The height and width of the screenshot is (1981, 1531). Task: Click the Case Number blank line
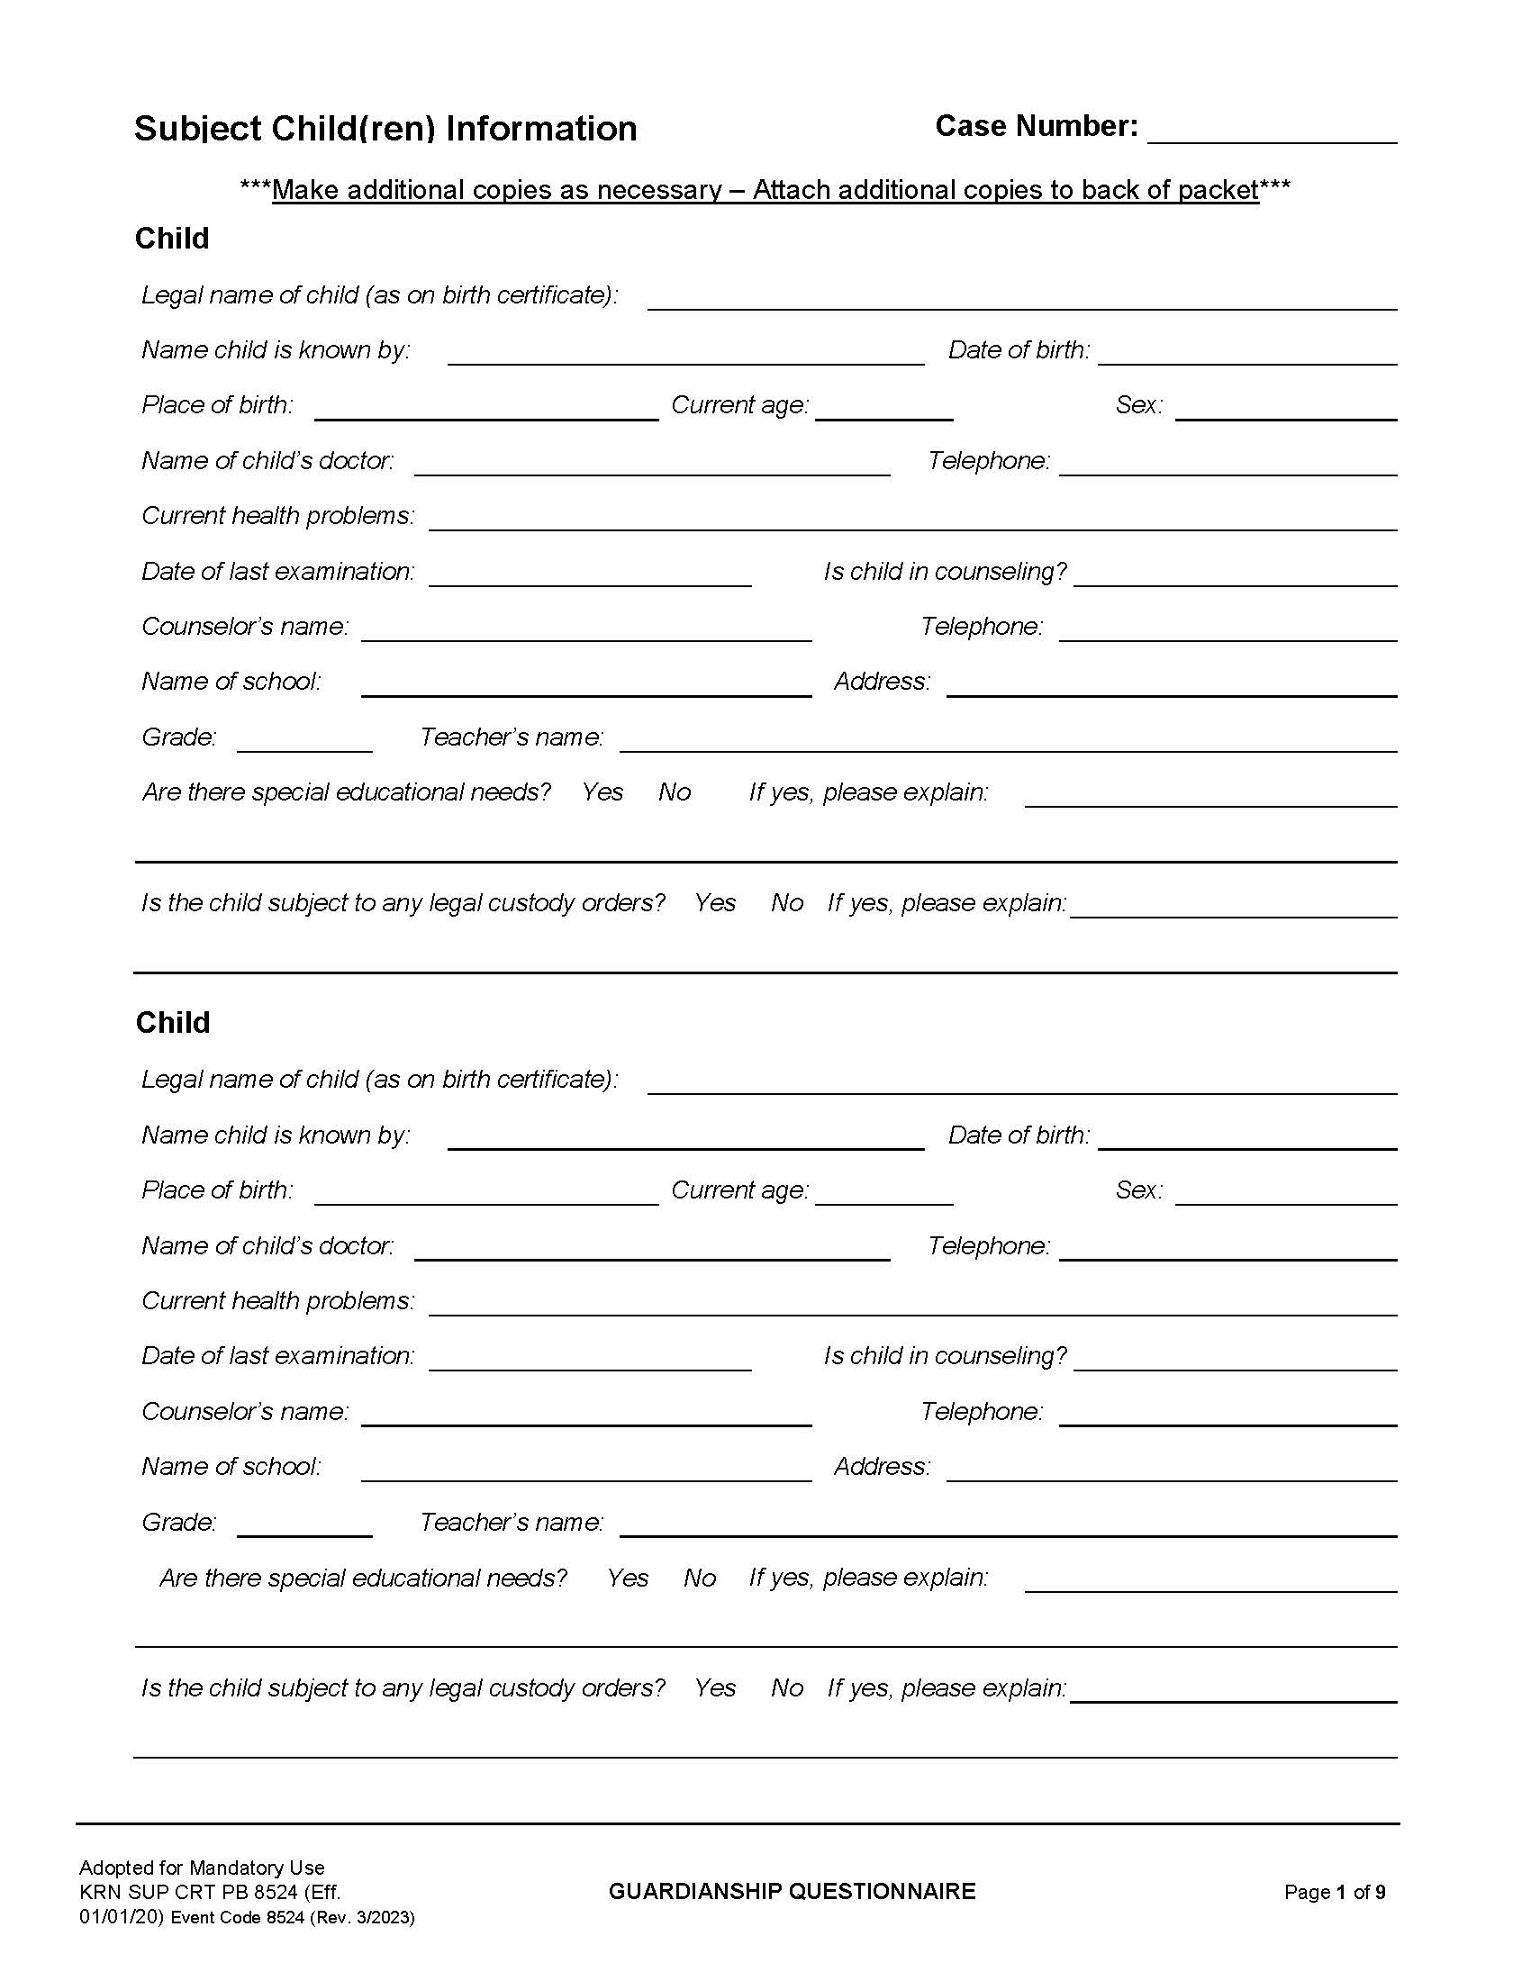pos(1271,131)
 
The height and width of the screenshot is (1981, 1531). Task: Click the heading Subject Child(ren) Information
pos(385,129)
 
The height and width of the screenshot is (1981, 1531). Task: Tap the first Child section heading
pos(171,239)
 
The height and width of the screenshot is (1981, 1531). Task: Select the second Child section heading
pos(172,1022)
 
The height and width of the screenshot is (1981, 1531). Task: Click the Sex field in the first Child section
pos(1285,408)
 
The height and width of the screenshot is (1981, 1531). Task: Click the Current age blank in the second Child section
pos(883,1193)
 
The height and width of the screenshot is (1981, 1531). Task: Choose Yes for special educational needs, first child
pos(602,792)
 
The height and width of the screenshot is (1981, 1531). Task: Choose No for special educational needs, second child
pos(699,1578)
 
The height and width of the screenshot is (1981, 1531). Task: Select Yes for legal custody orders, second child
pos(715,1688)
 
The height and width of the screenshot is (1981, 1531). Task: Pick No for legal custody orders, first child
pos(787,903)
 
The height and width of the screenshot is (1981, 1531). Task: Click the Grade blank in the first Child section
pos(303,740)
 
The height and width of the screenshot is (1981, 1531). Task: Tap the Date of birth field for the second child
pos(1246,1137)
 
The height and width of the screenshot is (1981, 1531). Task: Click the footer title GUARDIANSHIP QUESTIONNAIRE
pos(792,1891)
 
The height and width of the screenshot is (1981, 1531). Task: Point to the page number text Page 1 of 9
pos(1334,1892)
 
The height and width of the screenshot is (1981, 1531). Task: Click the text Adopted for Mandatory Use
pos(202,1868)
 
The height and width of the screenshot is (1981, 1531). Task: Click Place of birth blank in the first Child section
pos(486,408)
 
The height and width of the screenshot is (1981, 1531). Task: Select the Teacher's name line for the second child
pos(1007,1524)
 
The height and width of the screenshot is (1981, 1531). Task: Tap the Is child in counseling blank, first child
pos(1235,574)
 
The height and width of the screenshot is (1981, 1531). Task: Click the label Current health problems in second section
pos(277,1301)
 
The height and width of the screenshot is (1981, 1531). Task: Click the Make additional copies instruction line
pos(765,191)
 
